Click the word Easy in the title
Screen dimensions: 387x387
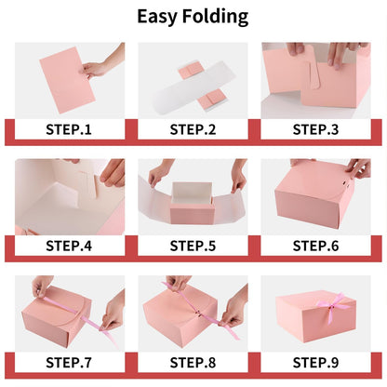(x=157, y=17)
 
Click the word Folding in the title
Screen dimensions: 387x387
(x=215, y=17)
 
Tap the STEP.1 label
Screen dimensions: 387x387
(x=69, y=129)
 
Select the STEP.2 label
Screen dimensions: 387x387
(x=193, y=129)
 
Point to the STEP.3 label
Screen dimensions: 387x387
(x=315, y=129)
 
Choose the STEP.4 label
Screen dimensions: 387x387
(x=69, y=246)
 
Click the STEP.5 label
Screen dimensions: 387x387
(x=193, y=246)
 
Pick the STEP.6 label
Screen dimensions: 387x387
(x=315, y=246)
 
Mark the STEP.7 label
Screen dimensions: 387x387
(x=69, y=363)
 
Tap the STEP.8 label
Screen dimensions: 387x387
(x=193, y=363)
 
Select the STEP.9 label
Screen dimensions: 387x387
(x=315, y=363)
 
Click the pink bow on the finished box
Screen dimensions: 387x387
(x=332, y=305)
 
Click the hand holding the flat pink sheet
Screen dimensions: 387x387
(x=100, y=63)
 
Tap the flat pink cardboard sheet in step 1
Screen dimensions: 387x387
(x=67, y=80)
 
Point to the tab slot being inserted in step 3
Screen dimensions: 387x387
(x=314, y=76)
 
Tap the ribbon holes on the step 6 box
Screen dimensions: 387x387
(x=344, y=184)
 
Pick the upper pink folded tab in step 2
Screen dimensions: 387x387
(x=190, y=70)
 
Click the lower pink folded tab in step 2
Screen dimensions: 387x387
(x=210, y=100)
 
